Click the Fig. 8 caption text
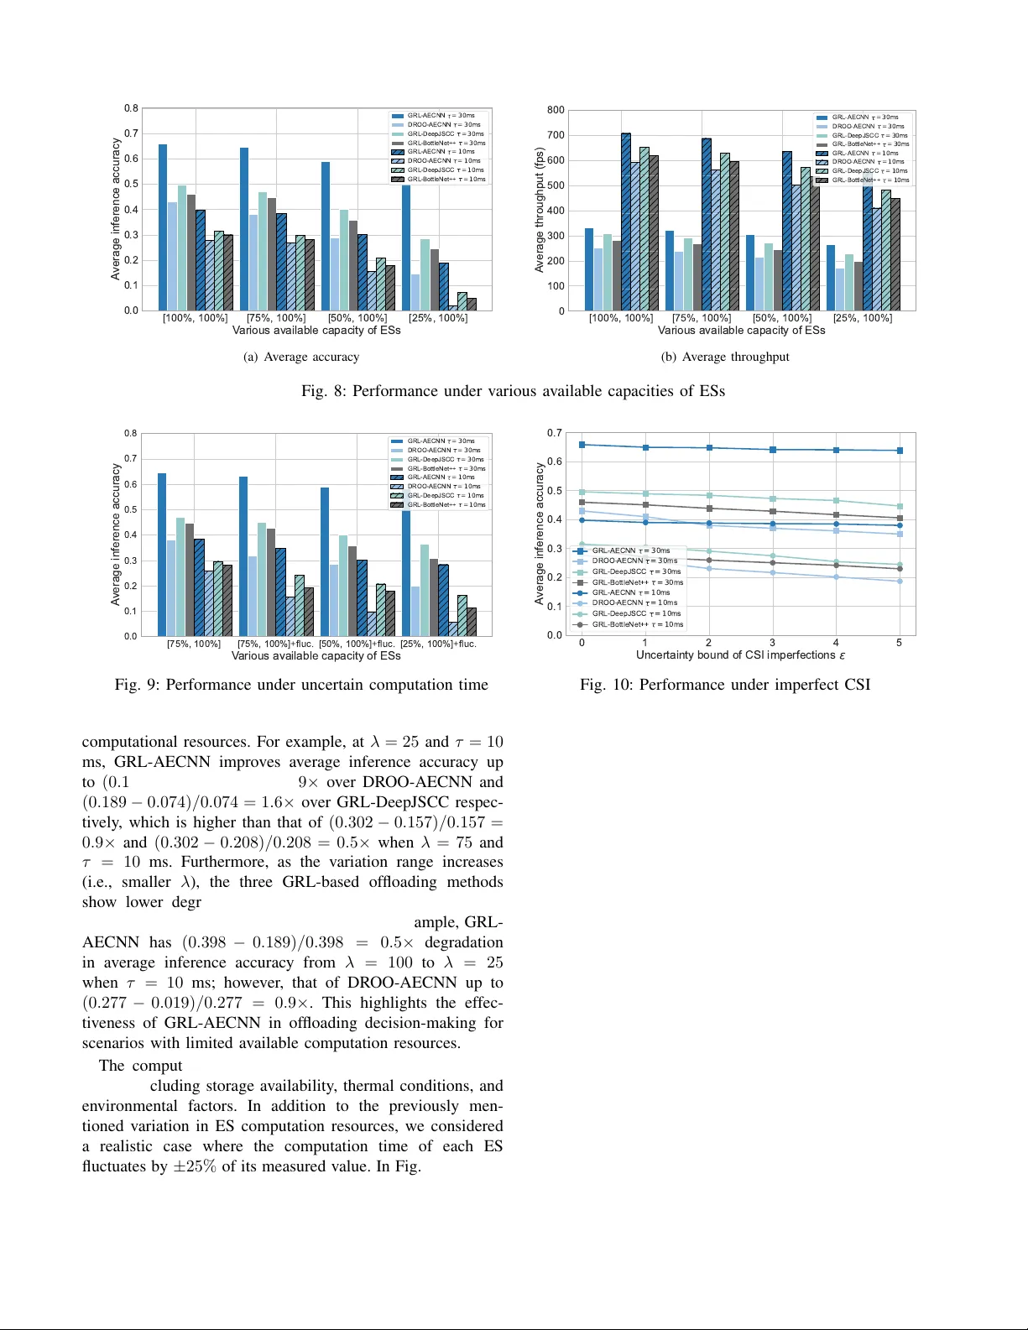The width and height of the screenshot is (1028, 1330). pos(513,391)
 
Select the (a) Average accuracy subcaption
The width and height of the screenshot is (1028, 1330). pos(301,357)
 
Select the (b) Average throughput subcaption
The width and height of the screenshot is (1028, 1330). pos(725,357)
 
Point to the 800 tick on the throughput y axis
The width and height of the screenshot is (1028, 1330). pos(556,110)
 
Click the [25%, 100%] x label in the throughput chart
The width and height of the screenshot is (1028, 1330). pos(862,318)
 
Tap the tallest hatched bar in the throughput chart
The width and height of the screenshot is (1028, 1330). pos(625,222)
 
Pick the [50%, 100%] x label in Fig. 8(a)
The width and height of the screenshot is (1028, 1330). pos(357,318)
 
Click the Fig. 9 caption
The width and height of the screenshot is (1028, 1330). pos(301,685)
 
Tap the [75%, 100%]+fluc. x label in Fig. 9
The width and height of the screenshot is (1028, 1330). pos(274,644)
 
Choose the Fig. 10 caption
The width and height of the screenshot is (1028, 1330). pos(725,685)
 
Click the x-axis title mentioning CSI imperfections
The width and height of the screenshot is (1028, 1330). pos(740,655)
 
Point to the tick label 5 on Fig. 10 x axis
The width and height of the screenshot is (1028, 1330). pos(899,643)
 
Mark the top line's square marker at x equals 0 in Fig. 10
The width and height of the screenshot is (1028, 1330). pos(582,445)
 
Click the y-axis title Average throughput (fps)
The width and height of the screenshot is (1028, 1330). pos(540,210)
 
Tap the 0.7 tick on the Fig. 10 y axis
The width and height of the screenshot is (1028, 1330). pos(554,433)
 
